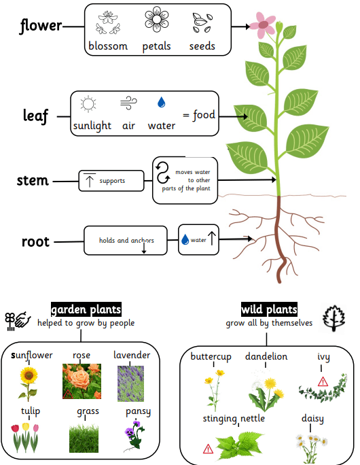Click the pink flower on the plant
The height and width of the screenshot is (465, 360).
click(x=262, y=25)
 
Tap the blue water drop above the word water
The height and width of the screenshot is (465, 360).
click(x=161, y=102)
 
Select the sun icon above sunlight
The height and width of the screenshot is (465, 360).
click(x=88, y=104)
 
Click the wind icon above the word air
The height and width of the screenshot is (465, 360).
click(x=128, y=103)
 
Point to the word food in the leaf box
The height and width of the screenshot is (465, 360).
click(x=204, y=115)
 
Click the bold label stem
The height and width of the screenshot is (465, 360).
click(x=33, y=180)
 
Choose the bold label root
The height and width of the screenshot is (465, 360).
click(x=35, y=242)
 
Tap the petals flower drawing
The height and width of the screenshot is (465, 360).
click(x=157, y=20)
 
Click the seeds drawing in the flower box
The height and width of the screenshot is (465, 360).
click(x=202, y=22)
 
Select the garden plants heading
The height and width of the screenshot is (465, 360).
click(x=86, y=309)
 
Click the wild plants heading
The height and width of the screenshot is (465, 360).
click(x=269, y=309)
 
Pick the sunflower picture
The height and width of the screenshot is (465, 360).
click(x=28, y=384)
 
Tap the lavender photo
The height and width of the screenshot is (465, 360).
click(x=130, y=383)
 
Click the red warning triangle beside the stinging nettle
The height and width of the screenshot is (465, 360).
click(x=208, y=449)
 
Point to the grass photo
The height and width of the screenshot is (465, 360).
click(x=84, y=438)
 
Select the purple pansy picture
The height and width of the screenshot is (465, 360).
click(x=134, y=435)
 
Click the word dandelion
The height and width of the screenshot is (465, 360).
click(x=266, y=356)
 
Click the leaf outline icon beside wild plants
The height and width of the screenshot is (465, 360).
click(x=334, y=318)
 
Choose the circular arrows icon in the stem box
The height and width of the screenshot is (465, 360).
click(x=162, y=173)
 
